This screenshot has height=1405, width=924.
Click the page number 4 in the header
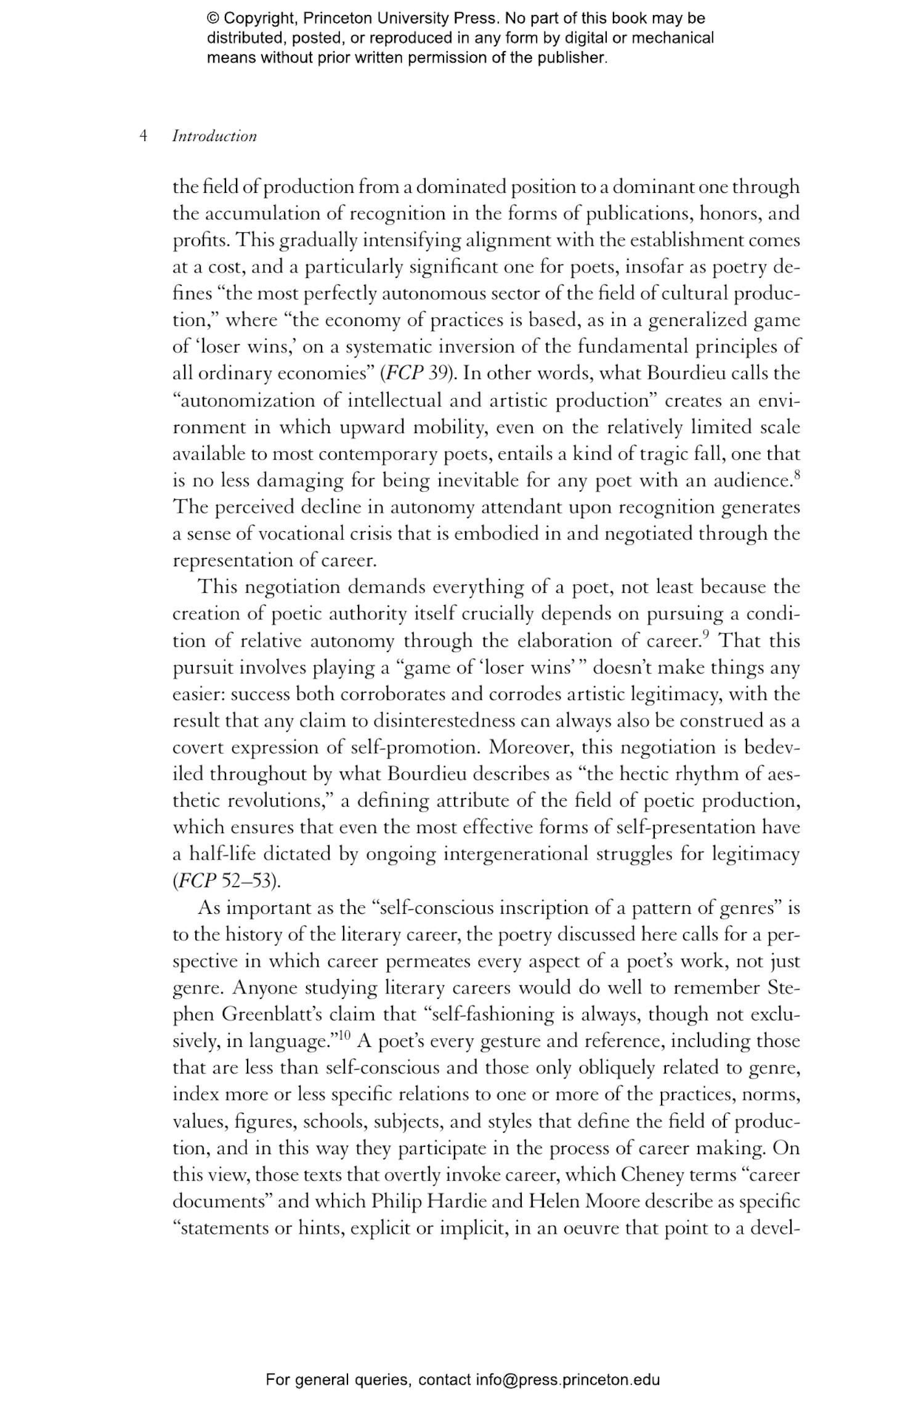(143, 136)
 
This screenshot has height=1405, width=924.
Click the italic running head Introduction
(214, 136)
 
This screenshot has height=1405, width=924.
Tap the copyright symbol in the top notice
(213, 18)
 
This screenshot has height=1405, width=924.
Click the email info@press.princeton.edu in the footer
(567, 1380)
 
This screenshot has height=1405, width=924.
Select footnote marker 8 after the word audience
(796, 474)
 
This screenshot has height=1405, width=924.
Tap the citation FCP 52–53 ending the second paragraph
(226, 881)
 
